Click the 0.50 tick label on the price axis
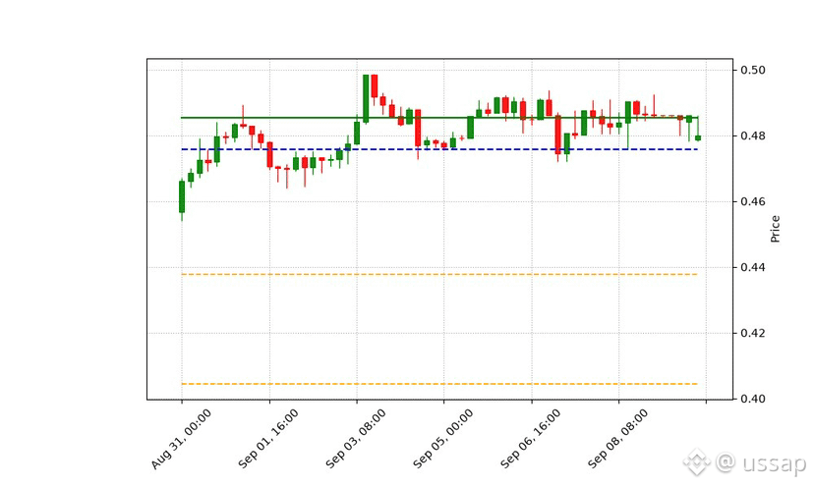[x=752, y=70]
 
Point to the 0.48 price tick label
[x=752, y=135]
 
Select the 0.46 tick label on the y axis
[x=752, y=201]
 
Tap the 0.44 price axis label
[x=752, y=268]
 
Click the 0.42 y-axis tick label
[x=752, y=333]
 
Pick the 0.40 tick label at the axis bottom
[x=752, y=399]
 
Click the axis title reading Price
[x=775, y=229]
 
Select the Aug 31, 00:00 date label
[x=181, y=439]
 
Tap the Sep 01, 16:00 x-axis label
[x=268, y=439]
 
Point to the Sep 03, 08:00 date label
[x=356, y=439]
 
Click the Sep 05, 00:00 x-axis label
[x=443, y=439]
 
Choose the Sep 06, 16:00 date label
[x=531, y=439]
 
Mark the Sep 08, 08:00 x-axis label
[x=617, y=439]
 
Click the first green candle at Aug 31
[x=182, y=196]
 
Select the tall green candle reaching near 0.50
[x=366, y=98]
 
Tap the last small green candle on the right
[x=698, y=138]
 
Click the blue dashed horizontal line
[x=439, y=149]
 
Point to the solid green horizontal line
[x=439, y=118]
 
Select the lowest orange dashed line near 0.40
[x=439, y=384]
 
